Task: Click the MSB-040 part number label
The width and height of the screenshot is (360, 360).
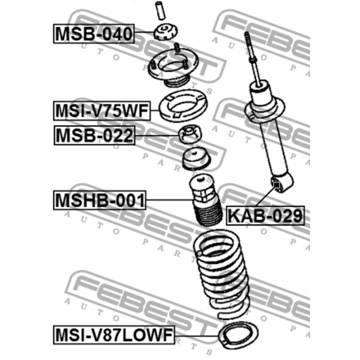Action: (94, 33)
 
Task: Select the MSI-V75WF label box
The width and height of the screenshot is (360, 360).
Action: (102, 111)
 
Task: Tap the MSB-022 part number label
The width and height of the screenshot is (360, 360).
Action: (94, 135)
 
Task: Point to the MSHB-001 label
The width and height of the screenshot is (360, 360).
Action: (100, 200)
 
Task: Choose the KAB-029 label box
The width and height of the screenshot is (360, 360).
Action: (265, 215)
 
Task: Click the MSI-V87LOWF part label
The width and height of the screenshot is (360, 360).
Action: (114, 335)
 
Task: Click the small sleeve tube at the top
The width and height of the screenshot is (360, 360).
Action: (160, 11)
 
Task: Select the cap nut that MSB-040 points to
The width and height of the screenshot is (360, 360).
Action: (166, 31)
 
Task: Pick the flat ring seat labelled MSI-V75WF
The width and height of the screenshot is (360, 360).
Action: (183, 106)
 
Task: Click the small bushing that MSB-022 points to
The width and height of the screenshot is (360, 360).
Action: (190, 134)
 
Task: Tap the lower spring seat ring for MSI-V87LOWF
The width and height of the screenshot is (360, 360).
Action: (239, 335)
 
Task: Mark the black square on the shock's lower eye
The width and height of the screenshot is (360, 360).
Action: (277, 184)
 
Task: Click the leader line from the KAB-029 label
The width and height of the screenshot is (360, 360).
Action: (266, 196)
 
